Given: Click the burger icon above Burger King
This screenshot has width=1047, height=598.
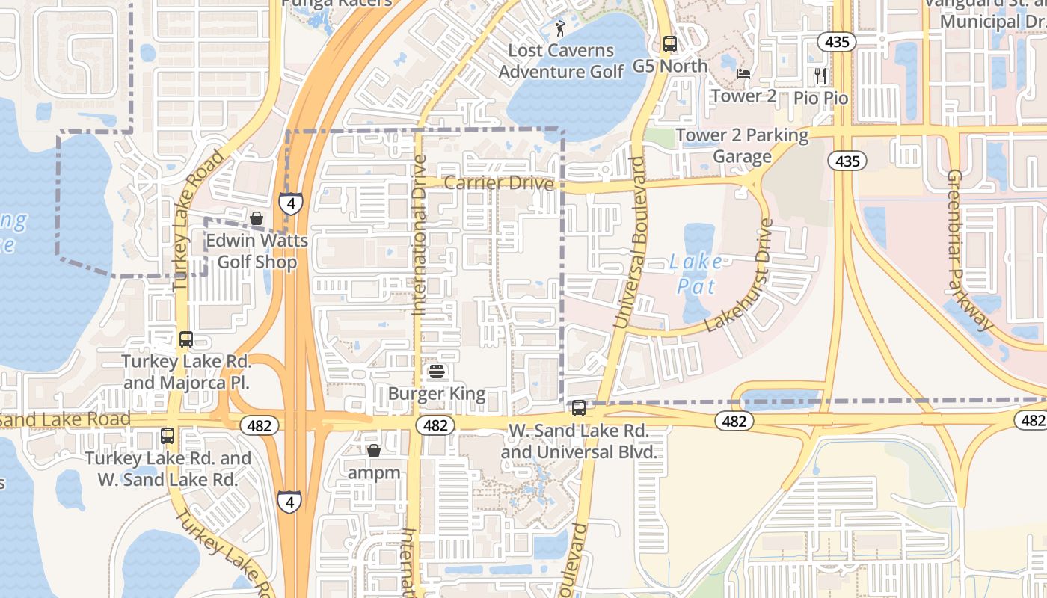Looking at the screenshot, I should pyautogui.click(x=437, y=372).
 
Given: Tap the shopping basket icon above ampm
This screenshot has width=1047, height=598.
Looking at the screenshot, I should pyautogui.click(x=374, y=451).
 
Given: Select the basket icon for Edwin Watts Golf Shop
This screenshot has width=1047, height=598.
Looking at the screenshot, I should pyautogui.click(x=257, y=218).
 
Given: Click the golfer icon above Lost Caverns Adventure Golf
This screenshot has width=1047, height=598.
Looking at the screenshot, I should pyautogui.click(x=560, y=29).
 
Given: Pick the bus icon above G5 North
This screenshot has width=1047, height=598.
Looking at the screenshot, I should pyautogui.click(x=669, y=44).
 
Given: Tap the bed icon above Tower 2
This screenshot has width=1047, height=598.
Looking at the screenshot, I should pyautogui.click(x=743, y=74).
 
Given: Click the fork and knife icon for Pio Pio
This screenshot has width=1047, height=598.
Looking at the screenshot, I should pyautogui.click(x=820, y=75).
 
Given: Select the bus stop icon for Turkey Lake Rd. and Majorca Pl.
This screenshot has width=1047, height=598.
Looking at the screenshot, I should pyautogui.click(x=186, y=339).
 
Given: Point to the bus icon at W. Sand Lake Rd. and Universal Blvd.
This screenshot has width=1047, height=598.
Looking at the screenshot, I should pyautogui.click(x=579, y=408).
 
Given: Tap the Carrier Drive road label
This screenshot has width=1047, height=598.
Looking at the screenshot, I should pyautogui.click(x=499, y=183).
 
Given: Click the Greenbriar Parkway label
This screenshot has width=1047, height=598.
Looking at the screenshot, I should pyautogui.click(x=969, y=250).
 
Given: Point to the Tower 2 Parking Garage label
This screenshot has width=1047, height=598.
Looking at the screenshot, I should pyautogui.click(x=742, y=146).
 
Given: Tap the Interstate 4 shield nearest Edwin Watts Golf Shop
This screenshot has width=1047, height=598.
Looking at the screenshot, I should pyautogui.click(x=291, y=203).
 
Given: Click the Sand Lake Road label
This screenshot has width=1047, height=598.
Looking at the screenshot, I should pyautogui.click(x=66, y=419).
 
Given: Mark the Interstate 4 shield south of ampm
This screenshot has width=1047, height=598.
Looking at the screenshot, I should pyautogui.click(x=289, y=502).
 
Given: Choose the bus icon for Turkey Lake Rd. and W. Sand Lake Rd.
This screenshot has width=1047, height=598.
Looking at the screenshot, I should pyautogui.click(x=168, y=436).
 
